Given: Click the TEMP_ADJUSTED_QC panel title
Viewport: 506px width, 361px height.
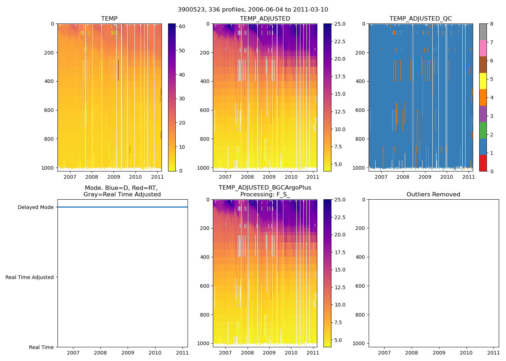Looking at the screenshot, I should pos(420,19).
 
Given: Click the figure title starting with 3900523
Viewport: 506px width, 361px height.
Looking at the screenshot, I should pos(253,10).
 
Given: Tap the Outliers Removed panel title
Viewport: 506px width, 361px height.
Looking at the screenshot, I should pos(433,195).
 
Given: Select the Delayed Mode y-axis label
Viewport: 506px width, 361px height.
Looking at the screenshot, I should pos(35,207).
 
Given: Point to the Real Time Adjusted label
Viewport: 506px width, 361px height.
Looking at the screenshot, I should pos(29,277).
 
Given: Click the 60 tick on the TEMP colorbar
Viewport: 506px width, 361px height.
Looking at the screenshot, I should pos(182,26).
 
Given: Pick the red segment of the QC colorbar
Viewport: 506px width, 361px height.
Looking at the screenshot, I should pos(483,163).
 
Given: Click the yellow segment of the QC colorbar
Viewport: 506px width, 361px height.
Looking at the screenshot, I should pos(483,81).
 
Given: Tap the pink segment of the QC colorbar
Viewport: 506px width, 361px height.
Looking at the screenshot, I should pos(483,48).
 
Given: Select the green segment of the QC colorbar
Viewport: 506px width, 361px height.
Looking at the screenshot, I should pos(483,130).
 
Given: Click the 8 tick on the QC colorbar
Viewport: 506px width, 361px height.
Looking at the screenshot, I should pos(491,24).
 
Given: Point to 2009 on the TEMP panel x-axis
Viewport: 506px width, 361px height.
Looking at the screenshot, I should pos(113,177).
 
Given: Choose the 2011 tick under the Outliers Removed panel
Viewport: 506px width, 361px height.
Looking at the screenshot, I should pos(493,353).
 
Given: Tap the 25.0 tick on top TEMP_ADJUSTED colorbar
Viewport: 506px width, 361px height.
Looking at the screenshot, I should pos(339,24).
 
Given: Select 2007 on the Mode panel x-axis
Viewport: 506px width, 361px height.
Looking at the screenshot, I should pos(73,353).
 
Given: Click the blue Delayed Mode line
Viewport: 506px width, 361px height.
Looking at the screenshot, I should pos(123,207).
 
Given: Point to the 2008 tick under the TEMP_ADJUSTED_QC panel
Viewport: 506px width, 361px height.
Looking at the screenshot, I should pos(403,177).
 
